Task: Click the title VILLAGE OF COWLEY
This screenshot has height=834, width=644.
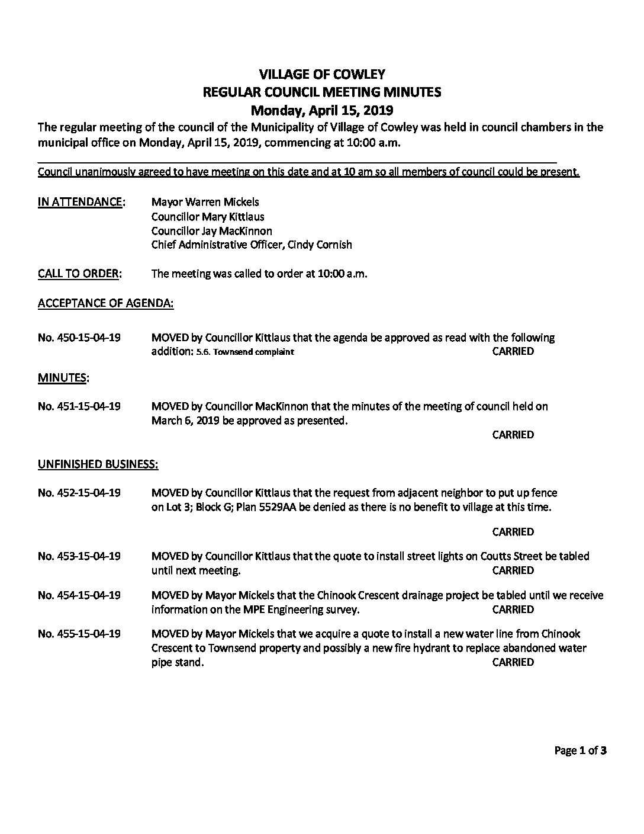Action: pyautogui.click(x=322, y=74)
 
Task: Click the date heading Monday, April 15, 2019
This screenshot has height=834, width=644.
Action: pyautogui.click(x=322, y=110)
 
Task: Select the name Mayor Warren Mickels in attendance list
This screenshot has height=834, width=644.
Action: pyautogui.click(x=205, y=202)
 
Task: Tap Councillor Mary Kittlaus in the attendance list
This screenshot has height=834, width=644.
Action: pyautogui.click(x=208, y=216)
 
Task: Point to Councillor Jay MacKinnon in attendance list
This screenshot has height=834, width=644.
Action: pyautogui.click(x=211, y=230)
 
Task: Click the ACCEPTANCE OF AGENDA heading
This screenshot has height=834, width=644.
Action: pyautogui.click(x=105, y=303)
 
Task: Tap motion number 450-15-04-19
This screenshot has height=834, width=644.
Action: pyautogui.click(x=79, y=338)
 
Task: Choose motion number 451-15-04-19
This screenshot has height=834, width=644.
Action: pyautogui.click(x=79, y=406)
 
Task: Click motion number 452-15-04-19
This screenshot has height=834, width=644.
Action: pyautogui.click(x=79, y=493)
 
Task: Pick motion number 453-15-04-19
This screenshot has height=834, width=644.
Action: pyautogui.click(x=79, y=556)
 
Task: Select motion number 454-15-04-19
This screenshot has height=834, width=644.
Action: pyautogui.click(x=79, y=595)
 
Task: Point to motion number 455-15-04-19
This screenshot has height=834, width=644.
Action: pyautogui.click(x=79, y=634)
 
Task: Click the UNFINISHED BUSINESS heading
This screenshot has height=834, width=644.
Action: pyautogui.click(x=98, y=464)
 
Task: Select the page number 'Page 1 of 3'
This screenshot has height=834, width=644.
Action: pyautogui.click(x=580, y=751)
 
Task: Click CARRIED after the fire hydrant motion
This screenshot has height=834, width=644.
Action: pyautogui.click(x=513, y=663)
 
